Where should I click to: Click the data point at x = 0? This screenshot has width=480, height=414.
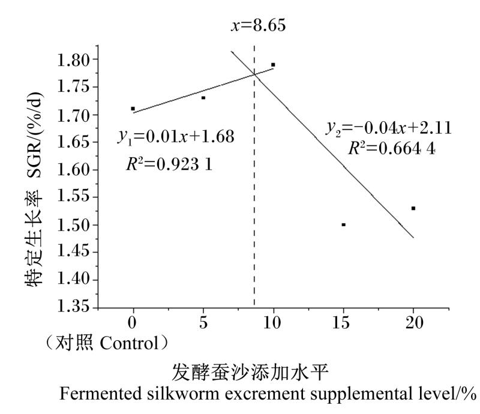coord(133,109)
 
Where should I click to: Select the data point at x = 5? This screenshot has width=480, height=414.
coord(203,97)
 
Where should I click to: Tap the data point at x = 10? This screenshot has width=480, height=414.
coord(273,64)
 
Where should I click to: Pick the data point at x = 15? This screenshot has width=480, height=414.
coord(343,224)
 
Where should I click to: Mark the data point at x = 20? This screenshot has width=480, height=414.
coord(413,208)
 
